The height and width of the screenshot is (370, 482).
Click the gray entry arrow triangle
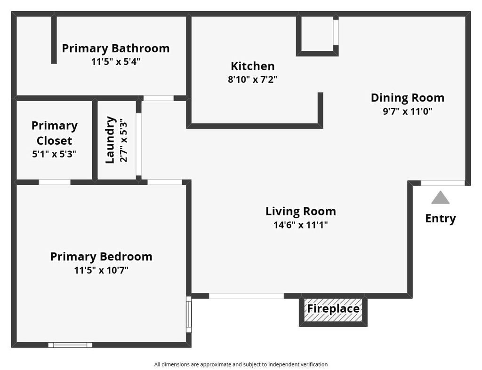click(440, 198)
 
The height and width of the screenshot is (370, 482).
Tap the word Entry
click(440, 219)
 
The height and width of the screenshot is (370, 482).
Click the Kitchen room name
click(253, 66)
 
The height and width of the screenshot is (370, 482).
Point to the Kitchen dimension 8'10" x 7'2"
click(252, 79)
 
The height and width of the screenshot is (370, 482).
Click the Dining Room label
click(408, 98)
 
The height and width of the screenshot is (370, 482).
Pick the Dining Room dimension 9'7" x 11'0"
click(408, 111)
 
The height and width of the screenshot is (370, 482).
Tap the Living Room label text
click(301, 211)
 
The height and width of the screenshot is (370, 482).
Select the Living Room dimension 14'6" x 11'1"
click(301, 225)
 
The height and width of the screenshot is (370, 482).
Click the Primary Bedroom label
click(101, 256)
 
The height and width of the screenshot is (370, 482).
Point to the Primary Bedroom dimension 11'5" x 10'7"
click(101, 270)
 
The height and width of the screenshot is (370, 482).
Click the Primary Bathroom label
click(116, 48)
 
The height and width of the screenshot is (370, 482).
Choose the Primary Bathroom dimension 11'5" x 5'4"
click(116, 62)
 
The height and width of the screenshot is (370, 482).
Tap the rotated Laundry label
click(110, 140)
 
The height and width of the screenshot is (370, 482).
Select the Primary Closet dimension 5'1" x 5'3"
click(54, 154)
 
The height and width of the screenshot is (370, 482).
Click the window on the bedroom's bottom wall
click(70, 345)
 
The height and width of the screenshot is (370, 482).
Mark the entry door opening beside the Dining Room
click(442, 183)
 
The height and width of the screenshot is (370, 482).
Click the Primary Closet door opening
click(55, 182)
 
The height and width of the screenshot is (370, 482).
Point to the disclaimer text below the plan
click(241, 364)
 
